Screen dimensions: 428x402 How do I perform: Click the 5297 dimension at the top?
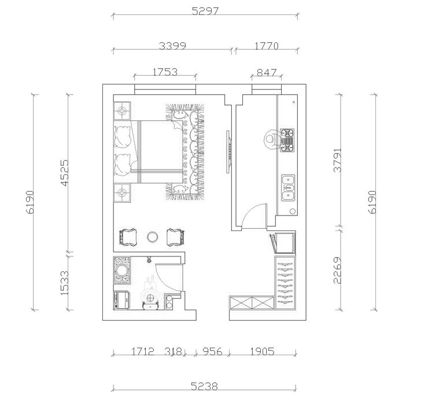[x=205, y=11]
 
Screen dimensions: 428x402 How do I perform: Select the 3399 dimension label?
[x=172, y=46]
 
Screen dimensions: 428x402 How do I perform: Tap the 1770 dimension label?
[x=267, y=46]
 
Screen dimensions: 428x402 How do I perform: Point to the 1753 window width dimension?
[x=165, y=72]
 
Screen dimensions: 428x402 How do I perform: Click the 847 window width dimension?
[x=267, y=73]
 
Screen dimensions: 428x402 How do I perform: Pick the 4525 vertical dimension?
[x=65, y=173]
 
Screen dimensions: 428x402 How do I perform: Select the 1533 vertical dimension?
[x=65, y=282]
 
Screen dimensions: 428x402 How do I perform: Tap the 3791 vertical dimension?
[x=338, y=160]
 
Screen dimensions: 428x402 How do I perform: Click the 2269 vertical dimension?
[x=338, y=270]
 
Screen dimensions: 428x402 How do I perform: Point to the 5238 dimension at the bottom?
[x=204, y=386]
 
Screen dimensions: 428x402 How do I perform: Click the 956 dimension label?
[x=212, y=351]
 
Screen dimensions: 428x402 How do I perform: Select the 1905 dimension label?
[x=262, y=351]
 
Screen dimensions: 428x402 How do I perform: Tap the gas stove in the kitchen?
[x=287, y=140]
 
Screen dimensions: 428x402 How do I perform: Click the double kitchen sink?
[x=288, y=188]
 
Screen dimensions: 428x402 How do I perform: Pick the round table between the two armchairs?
[x=152, y=237]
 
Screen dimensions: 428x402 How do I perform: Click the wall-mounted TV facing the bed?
[x=228, y=151]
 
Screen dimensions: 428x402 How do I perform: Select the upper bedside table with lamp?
[x=121, y=111]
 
